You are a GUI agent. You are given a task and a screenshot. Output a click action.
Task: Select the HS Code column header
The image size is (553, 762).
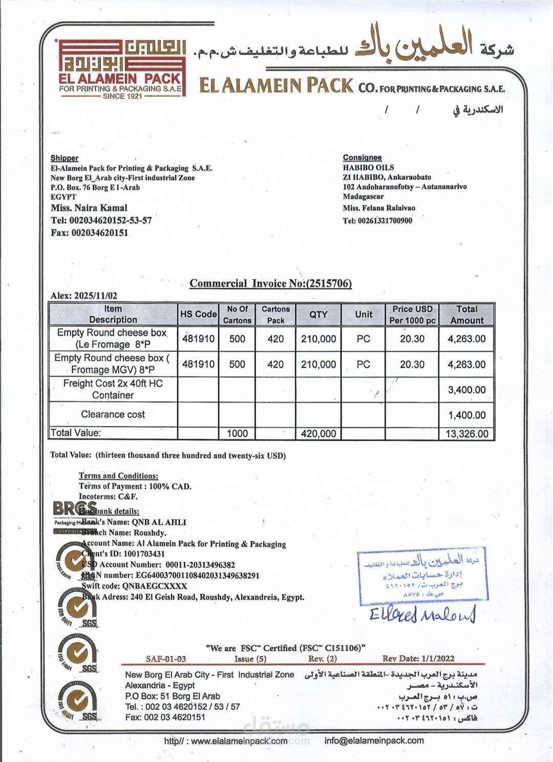tap(198, 314)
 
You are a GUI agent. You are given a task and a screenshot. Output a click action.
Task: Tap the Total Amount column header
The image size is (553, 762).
tap(466, 314)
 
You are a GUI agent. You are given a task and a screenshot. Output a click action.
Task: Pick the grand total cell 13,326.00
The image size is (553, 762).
tap(467, 434)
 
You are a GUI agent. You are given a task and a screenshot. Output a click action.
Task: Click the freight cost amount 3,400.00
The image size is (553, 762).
tap(466, 390)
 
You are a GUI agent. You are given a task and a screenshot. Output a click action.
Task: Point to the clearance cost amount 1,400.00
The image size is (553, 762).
tap(466, 415)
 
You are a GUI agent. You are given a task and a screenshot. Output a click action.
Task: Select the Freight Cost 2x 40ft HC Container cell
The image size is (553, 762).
tap(113, 389)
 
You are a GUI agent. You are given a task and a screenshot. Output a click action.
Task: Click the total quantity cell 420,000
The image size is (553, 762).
tap(318, 434)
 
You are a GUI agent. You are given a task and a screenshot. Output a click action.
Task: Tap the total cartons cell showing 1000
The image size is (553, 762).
tap(237, 434)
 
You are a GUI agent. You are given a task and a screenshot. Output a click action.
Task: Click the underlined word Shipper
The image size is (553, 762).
tap(65, 158)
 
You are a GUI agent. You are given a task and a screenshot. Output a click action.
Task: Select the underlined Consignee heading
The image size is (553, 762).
tap(362, 158)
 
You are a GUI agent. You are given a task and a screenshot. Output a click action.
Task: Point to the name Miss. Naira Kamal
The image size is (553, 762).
tap(89, 208)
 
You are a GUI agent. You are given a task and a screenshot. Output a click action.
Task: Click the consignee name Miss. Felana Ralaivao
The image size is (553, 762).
tap(379, 208)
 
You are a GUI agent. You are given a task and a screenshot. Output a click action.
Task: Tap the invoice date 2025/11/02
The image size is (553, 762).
tap(96, 295)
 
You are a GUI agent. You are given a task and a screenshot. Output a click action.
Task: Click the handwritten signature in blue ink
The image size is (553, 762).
tap(422, 613)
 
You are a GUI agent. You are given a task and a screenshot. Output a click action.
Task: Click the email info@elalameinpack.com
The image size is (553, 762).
tap(374, 740)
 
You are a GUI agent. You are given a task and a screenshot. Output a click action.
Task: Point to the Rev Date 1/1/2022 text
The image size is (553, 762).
tap(418, 659)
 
